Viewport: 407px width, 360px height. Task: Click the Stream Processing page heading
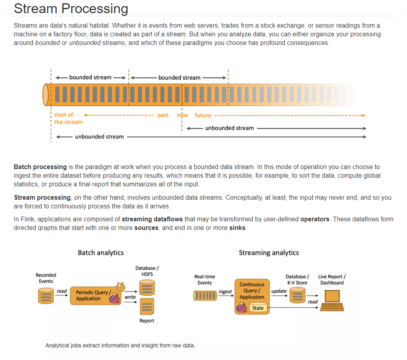(x=71, y=9)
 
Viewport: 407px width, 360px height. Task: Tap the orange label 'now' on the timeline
(x=183, y=115)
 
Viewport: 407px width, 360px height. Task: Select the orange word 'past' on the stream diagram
(x=163, y=115)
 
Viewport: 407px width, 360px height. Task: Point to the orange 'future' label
(x=203, y=115)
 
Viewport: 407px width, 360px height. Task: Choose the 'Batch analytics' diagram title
(x=101, y=253)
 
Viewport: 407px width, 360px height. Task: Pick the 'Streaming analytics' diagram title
(x=269, y=253)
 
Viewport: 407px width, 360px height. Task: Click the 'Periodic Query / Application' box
(x=93, y=295)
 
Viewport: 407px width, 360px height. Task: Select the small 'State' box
(x=258, y=308)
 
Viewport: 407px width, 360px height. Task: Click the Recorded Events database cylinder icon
(x=45, y=295)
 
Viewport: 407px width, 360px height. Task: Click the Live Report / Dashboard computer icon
(x=332, y=299)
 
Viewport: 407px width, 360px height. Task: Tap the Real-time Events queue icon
(x=205, y=296)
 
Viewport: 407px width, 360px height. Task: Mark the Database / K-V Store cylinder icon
(x=297, y=296)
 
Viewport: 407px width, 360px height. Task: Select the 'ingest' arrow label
(x=225, y=292)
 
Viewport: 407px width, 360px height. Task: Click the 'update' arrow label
(x=279, y=291)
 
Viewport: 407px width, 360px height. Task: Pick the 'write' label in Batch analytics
(x=130, y=297)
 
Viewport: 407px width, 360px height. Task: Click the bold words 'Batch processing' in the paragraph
(x=40, y=167)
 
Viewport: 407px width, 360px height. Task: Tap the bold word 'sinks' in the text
(x=238, y=227)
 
